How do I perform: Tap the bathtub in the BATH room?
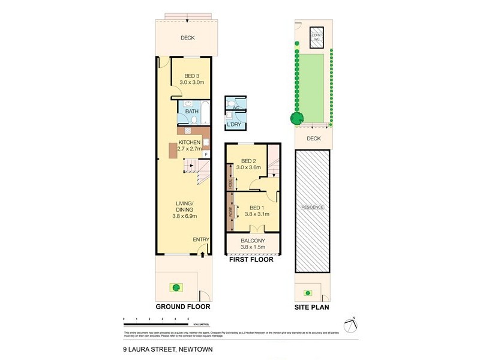click(x=203, y=112)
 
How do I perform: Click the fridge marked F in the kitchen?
click(x=206, y=154)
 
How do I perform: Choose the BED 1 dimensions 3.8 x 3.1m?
click(x=256, y=214)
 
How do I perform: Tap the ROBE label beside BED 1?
click(x=230, y=212)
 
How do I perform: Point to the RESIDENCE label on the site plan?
click(x=313, y=207)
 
